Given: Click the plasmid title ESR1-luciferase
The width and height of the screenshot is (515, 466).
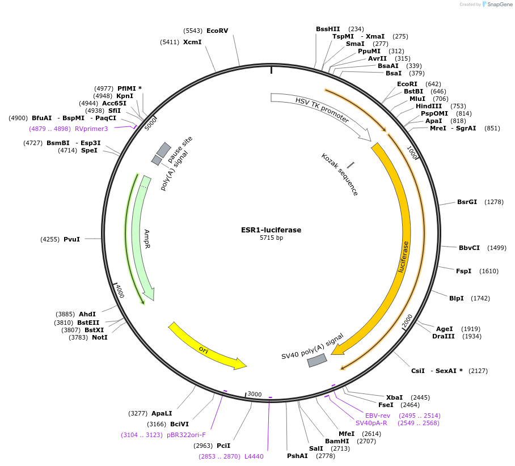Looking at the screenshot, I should pyautogui.click(x=271, y=230).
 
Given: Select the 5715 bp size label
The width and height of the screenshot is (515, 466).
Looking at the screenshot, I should pyautogui.click(x=271, y=238).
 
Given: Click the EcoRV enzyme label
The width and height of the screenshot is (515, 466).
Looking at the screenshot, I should pyautogui.click(x=217, y=31).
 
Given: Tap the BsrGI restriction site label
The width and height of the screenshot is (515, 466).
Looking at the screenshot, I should pyautogui.click(x=467, y=202).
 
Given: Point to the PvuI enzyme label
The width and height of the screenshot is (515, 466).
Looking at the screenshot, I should pyautogui.click(x=71, y=239).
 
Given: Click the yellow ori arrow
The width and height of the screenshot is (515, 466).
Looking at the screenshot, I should pyautogui.click(x=207, y=346).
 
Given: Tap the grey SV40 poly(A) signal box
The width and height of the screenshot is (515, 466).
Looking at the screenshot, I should pyautogui.click(x=317, y=360).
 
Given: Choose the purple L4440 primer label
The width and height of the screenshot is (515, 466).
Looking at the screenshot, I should pyautogui.click(x=254, y=456).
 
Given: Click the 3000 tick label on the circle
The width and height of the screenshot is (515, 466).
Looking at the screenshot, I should pyautogui.click(x=255, y=394).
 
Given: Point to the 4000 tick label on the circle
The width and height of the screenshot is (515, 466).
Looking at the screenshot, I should pyautogui.click(x=120, y=291).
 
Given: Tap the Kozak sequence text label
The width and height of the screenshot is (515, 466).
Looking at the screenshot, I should pyautogui.click(x=339, y=175).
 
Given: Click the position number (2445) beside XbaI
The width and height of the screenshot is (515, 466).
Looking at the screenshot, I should pyautogui.click(x=420, y=397).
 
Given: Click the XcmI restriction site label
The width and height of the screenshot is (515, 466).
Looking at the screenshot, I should pyautogui.click(x=192, y=42).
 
